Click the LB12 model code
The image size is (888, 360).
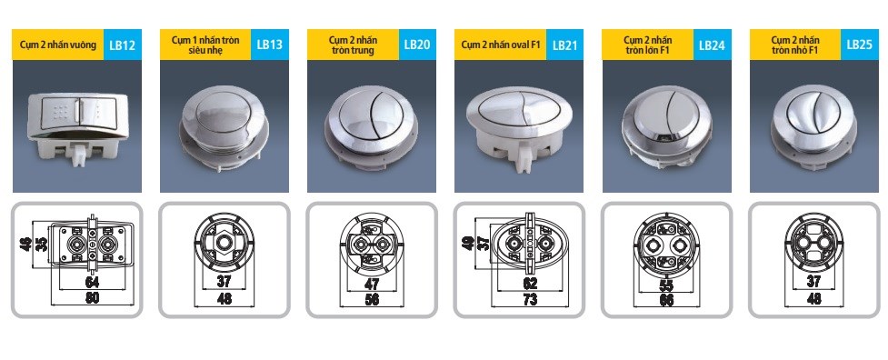pyautogui.click(x=123, y=45)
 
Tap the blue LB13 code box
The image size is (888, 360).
pyautogui.click(x=270, y=45)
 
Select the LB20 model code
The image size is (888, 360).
pyautogui.click(x=418, y=45)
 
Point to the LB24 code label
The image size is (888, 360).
pyautogui.click(x=712, y=45)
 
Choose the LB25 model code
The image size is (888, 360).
pyautogui.click(x=860, y=45)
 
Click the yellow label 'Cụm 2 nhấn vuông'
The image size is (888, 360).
pyautogui.click(x=58, y=45)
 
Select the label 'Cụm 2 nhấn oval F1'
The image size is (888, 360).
pyautogui.click(x=500, y=45)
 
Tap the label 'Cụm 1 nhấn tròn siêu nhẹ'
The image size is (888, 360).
pyautogui.click(x=205, y=45)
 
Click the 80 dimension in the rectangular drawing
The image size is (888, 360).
pyautogui.click(x=92, y=298)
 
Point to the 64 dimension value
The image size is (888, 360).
pyautogui.click(x=92, y=281)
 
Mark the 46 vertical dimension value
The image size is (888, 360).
pyautogui.click(x=25, y=245)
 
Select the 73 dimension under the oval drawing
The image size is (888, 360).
pyautogui.click(x=529, y=299)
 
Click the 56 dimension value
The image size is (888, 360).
pyautogui.click(x=372, y=299)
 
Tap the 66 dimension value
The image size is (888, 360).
pyautogui.click(x=666, y=299)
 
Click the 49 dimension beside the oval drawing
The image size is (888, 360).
pyautogui.click(x=468, y=244)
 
